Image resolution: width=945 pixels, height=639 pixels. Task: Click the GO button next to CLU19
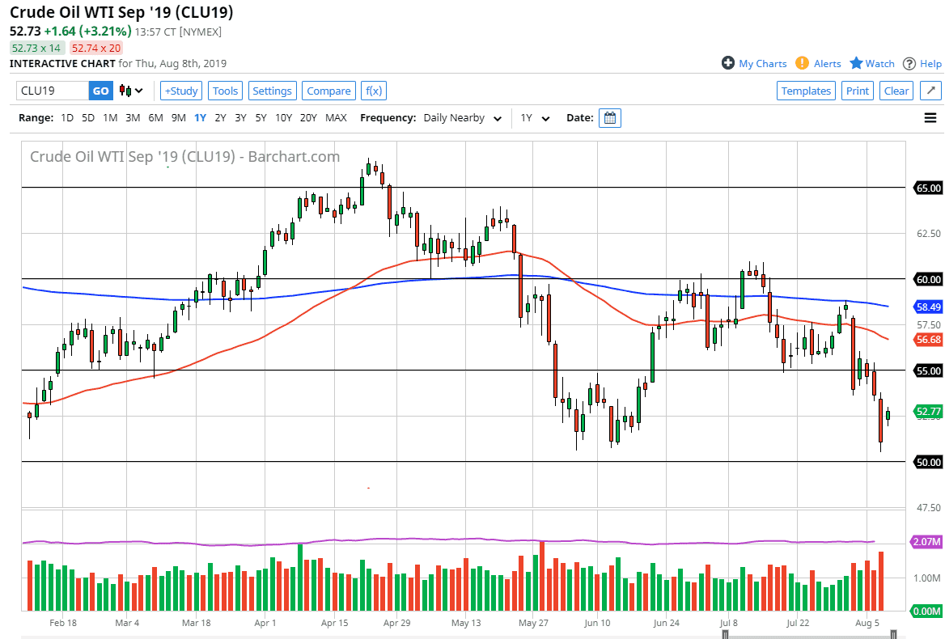pos(100,91)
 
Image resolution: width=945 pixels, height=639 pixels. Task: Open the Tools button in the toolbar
pos(225,91)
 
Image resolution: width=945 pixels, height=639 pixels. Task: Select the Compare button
pos(328,91)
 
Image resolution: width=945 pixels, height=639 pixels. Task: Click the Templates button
pos(806,91)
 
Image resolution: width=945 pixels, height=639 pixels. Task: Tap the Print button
pos(858,91)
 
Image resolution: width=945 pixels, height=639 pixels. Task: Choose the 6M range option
pos(155,117)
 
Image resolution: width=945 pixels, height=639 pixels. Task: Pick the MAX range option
pos(336,117)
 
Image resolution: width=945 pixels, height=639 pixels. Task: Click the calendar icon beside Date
pos(611,118)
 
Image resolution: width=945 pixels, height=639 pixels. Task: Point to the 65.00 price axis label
pos(927,188)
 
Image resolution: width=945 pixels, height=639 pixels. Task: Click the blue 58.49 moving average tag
pos(927,307)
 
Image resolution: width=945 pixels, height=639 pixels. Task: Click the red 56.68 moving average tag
pos(927,340)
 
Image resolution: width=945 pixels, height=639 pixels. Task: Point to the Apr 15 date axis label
pos(335,623)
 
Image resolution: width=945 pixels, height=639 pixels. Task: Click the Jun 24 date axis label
pos(666,623)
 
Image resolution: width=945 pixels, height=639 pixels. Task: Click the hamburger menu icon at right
pos(930,118)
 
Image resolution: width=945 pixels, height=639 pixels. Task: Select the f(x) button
pos(373,91)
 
